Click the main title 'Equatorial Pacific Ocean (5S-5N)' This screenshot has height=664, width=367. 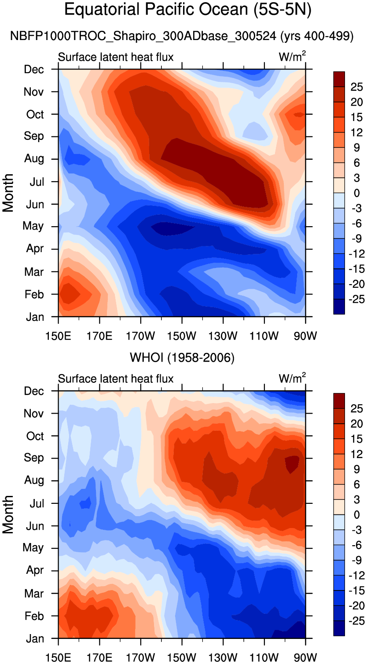pos(188,10)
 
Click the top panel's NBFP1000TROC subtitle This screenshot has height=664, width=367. pos(182,37)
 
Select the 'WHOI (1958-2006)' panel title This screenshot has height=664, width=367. pos(182,358)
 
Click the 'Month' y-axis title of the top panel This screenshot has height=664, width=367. pos(8,193)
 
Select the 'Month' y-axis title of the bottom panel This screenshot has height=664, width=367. pos(8,514)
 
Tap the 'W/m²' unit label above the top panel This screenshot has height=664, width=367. pos(293,57)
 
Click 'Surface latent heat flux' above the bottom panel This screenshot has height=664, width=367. pos(116,378)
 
